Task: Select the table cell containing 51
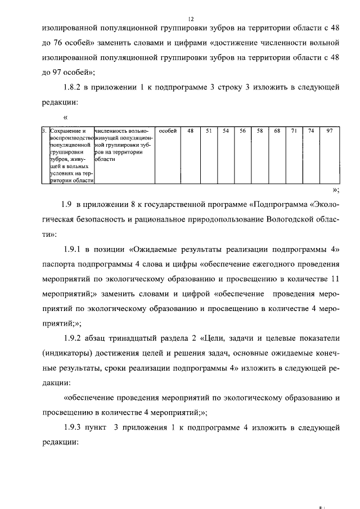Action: [208, 131]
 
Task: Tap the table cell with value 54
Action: [226, 131]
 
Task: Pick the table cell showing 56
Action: [242, 131]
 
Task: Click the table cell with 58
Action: [260, 131]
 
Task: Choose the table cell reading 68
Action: [277, 131]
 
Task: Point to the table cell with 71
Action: [294, 131]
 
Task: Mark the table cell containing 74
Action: [310, 131]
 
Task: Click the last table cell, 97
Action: [329, 131]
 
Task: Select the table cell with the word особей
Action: [168, 131]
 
